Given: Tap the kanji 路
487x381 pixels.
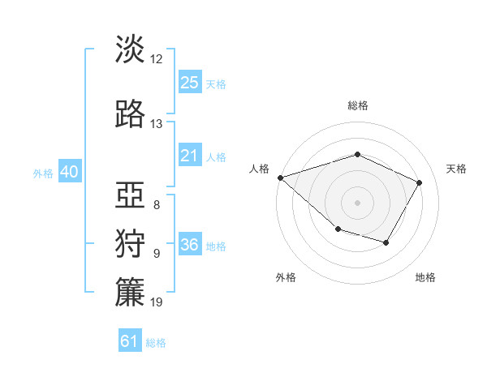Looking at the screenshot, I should click(x=130, y=114).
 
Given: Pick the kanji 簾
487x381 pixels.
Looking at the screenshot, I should click(x=130, y=293).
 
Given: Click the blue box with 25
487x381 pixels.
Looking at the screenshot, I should click(x=189, y=82).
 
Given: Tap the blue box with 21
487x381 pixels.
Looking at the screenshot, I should click(x=189, y=156).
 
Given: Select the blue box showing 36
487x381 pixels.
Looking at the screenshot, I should click(x=189, y=245).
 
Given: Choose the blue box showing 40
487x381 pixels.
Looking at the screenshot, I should click(x=69, y=172).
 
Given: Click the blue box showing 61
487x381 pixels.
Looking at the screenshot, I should click(x=129, y=341).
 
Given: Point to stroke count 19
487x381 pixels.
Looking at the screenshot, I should click(x=157, y=302).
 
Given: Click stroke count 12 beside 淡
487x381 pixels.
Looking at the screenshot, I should click(x=157, y=58).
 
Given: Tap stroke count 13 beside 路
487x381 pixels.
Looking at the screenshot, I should click(x=157, y=124).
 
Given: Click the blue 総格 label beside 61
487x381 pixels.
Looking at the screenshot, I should click(x=156, y=343).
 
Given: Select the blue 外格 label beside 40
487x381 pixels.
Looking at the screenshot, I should click(x=43, y=173).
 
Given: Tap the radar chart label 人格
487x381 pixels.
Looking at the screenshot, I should click(x=260, y=169).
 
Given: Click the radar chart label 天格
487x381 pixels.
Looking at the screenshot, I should click(x=457, y=169).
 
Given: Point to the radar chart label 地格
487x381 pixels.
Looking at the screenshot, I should click(x=425, y=277).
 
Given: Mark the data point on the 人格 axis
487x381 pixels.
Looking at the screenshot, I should click(x=280, y=178).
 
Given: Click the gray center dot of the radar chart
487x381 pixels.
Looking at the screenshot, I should click(x=357, y=202).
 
